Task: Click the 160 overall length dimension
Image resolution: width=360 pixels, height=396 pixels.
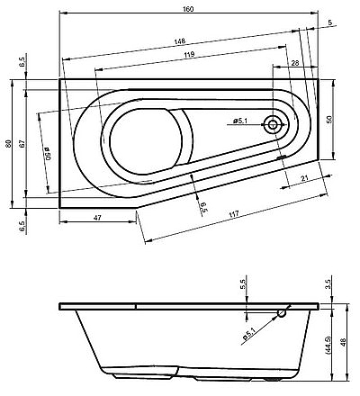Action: click(188, 9)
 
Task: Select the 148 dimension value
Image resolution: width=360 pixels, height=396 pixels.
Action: click(180, 41)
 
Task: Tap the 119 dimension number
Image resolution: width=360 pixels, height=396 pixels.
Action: click(189, 54)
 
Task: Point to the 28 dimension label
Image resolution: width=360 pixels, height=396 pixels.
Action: click(295, 63)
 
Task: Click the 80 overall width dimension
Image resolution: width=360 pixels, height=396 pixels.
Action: click(8, 144)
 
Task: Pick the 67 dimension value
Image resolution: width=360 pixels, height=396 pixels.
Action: click(22, 144)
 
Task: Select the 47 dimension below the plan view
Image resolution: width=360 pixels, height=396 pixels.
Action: click(97, 218)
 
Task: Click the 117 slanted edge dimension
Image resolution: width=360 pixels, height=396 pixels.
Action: click(234, 214)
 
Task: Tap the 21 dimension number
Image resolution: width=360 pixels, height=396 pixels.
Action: click(304, 178)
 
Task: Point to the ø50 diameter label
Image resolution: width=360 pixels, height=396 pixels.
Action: click(46, 153)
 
